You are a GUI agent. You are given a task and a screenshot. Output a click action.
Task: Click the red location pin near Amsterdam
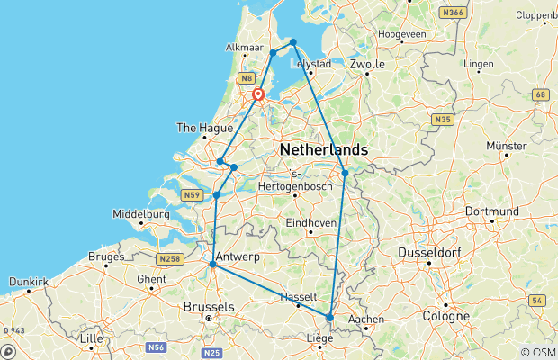click(258, 94)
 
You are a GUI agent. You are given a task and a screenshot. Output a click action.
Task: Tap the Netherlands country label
click(324, 148)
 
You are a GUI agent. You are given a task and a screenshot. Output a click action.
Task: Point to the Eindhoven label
click(310, 222)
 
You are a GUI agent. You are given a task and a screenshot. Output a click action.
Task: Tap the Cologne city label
click(448, 317)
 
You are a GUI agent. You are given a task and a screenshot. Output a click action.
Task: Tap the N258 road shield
click(170, 259)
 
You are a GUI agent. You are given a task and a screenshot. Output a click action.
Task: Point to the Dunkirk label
click(27, 282)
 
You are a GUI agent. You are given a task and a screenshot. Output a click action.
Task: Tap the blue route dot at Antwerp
click(212, 265)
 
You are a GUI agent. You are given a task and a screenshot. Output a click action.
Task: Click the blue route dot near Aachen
click(330, 318)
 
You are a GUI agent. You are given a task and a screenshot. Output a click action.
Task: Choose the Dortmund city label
click(494, 211)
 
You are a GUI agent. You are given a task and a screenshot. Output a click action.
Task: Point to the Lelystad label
click(312, 64)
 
